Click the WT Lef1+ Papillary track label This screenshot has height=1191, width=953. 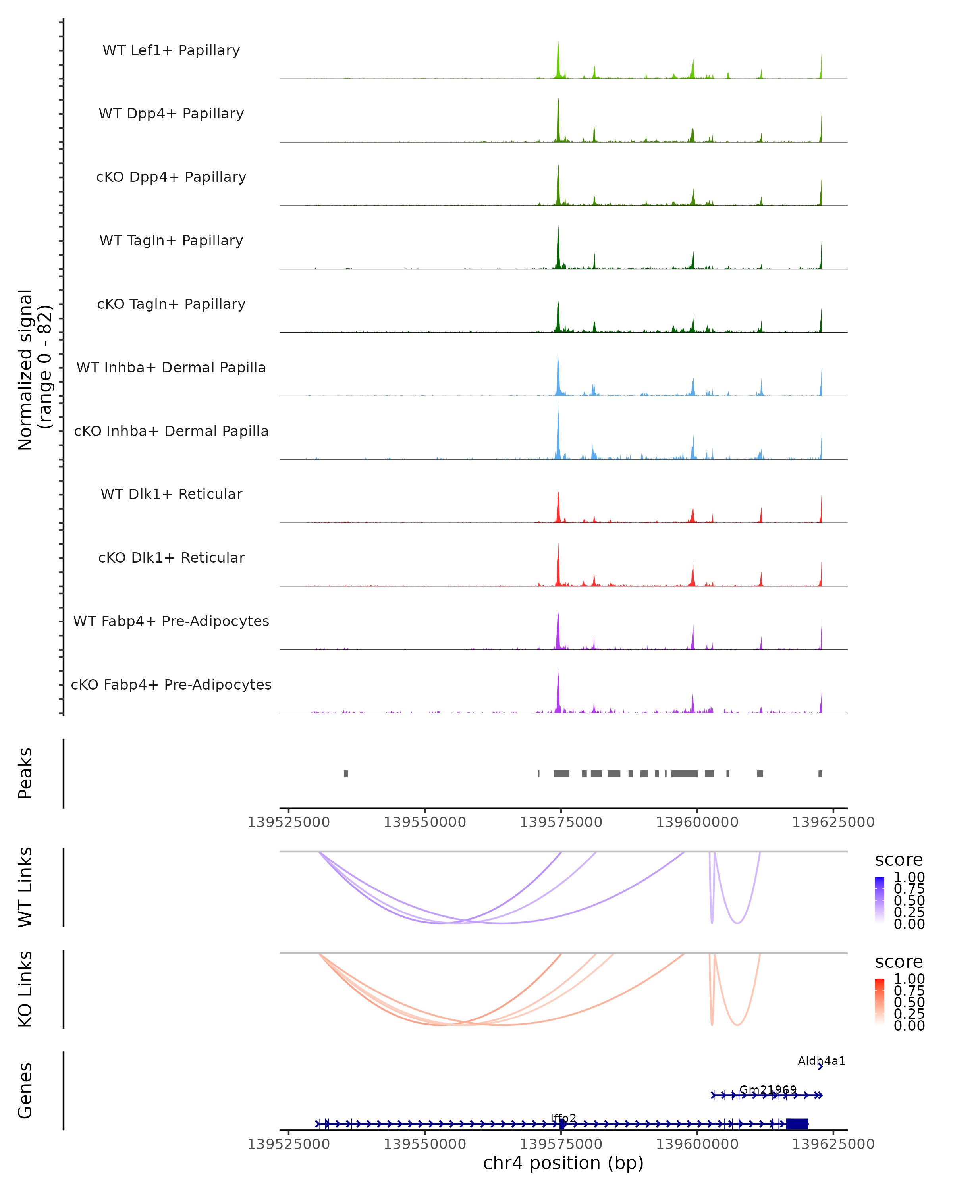tap(171, 50)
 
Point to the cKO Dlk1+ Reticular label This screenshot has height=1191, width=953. tap(171, 557)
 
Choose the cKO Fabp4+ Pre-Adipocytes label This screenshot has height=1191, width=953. tap(171, 684)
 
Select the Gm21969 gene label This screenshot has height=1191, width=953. tap(768, 1090)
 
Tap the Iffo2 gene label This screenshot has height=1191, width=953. tap(563, 1118)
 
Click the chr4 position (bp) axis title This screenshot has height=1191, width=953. tap(563, 1163)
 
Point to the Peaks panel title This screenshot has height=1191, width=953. tap(25, 773)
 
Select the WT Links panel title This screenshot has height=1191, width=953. tap(25, 887)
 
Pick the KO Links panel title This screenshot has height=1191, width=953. tap(25, 989)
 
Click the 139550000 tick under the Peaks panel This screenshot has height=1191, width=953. tap(424, 822)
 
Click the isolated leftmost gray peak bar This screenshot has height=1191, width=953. tap(346, 773)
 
